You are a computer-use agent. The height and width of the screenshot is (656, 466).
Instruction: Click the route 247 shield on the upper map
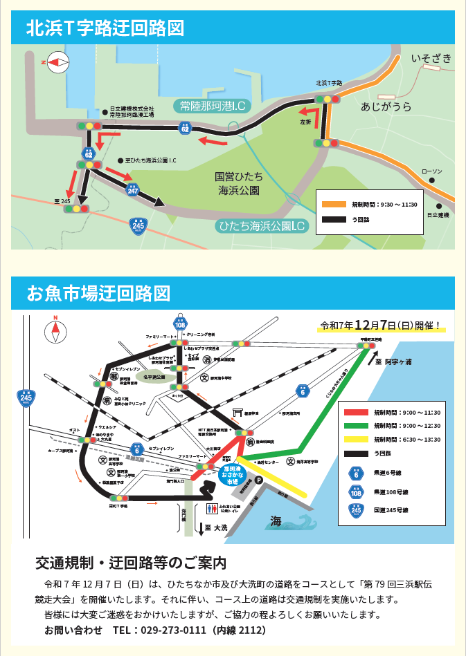pos(133,190)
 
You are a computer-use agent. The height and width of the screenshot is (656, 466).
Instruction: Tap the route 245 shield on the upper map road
pos(138,225)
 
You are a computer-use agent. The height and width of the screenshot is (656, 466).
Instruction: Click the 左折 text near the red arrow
pos(305,122)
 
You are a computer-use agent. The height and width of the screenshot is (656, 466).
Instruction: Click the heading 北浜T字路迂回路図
pos(105,28)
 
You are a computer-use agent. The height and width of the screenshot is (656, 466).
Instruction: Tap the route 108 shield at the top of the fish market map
pos(180,324)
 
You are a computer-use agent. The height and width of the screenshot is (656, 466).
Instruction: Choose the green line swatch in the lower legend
pos(357,426)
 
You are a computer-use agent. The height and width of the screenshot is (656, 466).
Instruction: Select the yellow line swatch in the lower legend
pos(357,439)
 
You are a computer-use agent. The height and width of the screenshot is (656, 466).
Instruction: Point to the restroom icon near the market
pos(211,507)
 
